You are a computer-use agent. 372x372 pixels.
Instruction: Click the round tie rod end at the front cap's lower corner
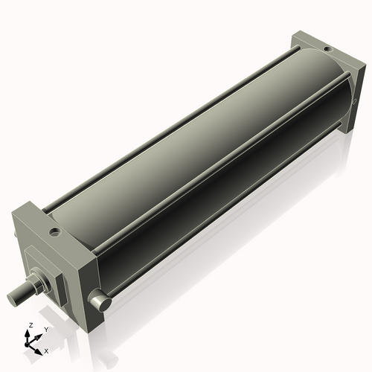(100, 301)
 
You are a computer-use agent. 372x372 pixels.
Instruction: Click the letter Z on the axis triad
(29, 326)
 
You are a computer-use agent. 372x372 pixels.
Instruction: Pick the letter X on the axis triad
(47, 350)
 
